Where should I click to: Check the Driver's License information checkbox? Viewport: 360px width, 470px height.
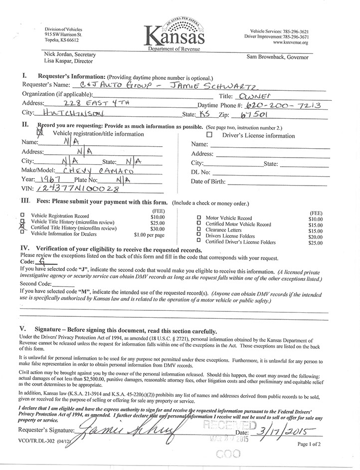209,135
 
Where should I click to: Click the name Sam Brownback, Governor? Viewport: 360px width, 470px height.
278,57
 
